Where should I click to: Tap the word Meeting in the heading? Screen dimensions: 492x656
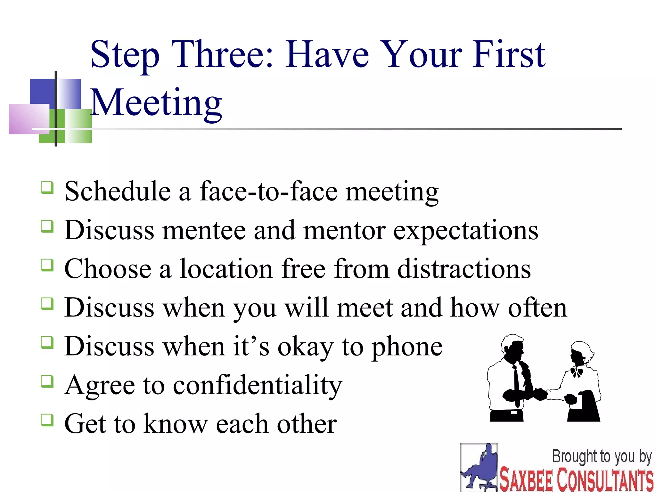[x=156, y=102]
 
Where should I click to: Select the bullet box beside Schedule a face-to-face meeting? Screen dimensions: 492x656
[x=47, y=187]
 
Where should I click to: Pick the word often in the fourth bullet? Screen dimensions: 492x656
[x=537, y=307]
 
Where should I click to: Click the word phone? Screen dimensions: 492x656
[x=407, y=347]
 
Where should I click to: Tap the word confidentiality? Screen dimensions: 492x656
[x=258, y=385]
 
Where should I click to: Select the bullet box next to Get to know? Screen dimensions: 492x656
[x=47, y=420]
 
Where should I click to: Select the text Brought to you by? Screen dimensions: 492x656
[x=602, y=456]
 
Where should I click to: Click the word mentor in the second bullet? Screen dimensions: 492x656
[x=344, y=231]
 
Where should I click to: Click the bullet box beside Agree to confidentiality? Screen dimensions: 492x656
[x=47, y=381]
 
